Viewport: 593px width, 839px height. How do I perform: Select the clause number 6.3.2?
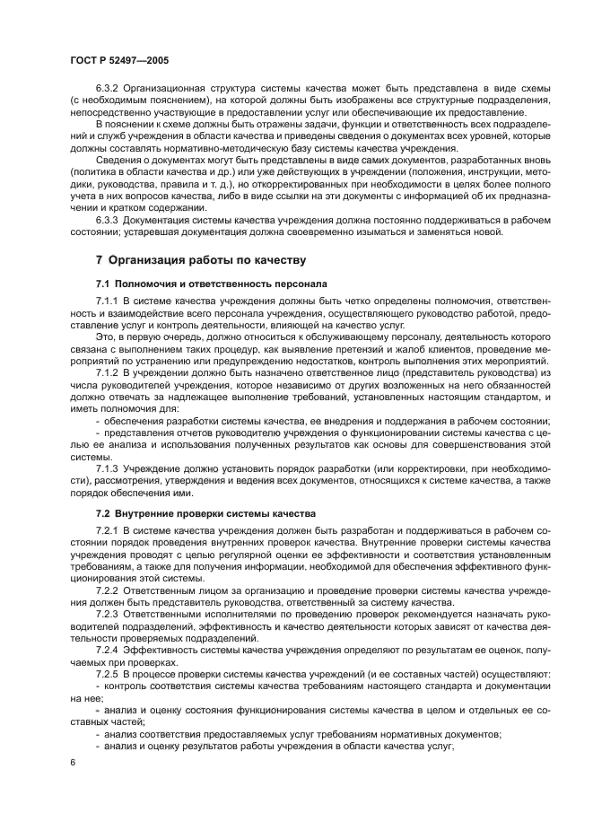point(107,92)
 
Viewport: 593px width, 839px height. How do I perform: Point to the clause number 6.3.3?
point(107,219)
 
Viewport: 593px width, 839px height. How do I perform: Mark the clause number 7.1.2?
point(107,371)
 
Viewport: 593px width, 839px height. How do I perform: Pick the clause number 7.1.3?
point(107,468)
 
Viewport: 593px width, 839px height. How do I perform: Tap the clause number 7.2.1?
point(107,532)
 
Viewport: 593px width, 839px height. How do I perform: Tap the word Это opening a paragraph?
point(105,336)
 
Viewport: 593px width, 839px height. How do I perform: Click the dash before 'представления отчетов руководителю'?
point(98,433)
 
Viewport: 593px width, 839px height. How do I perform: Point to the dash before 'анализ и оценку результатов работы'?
point(98,745)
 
